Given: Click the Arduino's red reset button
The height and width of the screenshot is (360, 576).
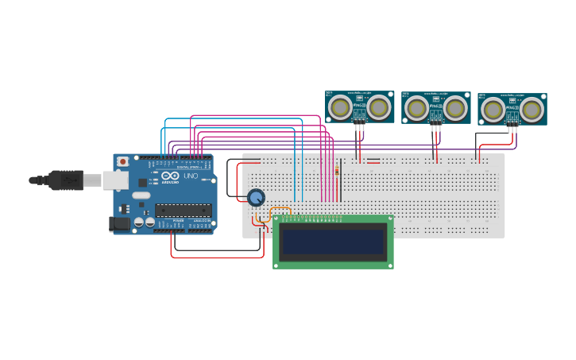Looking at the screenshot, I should [x=122, y=161].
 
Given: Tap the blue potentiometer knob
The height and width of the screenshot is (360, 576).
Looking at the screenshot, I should [x=256, y=197].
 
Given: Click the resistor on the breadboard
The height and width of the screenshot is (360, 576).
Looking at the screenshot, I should [x=338, y=170].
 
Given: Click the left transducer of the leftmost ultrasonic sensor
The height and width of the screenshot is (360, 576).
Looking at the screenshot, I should [x=341, y=106].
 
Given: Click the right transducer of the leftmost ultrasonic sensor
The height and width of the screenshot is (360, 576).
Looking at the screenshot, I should [x=378, y=106].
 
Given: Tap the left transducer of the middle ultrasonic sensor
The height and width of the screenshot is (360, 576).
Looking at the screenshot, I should [x=416, y=107].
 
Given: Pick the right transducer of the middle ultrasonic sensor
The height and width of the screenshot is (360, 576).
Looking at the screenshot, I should [x=454, y=107].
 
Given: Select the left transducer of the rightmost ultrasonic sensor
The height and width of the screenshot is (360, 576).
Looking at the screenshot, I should [x=493, y=108].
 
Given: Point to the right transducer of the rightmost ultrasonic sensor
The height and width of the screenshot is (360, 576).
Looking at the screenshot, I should [x=531, y=108].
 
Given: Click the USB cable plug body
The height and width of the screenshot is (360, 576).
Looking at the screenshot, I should [x=67, y=180].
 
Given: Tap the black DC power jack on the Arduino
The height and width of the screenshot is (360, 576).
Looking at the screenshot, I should [x=120, y=224].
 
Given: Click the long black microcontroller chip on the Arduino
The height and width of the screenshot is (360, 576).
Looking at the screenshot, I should [x=183, y=210].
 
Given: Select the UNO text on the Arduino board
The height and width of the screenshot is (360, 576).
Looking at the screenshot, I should [x=191, y=176].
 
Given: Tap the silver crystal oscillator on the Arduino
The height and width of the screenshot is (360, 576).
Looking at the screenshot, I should [x=141, y=195].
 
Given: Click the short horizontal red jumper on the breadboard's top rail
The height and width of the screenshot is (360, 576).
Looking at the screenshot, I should [x=373, y=161].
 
